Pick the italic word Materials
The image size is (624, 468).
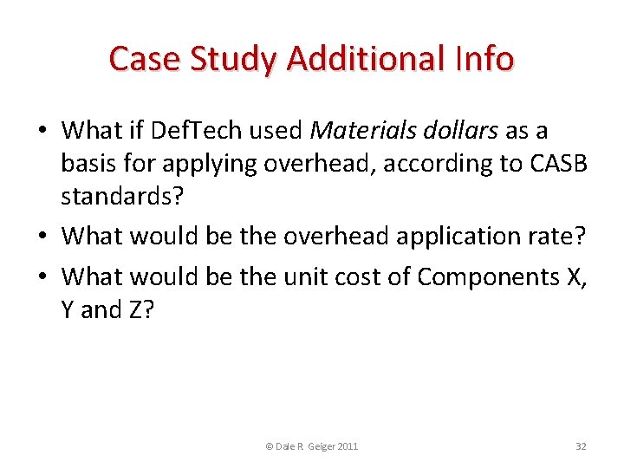[356, 131]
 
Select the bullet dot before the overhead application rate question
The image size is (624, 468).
[43, 237]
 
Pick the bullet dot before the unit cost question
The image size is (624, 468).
[43, 278]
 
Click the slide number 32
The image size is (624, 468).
[581, 446]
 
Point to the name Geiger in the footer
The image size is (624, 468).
[319, 446]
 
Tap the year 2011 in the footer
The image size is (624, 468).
[348, 446]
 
